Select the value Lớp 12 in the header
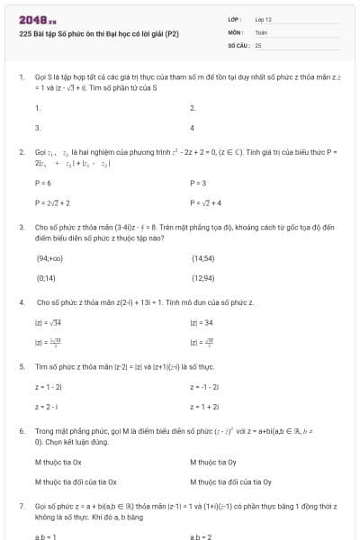click(263, 19)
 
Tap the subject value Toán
click(261, 31)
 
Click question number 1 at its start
click(21, 77)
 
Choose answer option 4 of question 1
click(193, 128)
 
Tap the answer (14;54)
click(202, 257)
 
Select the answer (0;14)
click(45, 278)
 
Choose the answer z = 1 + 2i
click(203, 407)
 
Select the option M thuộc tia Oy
click(213, 461)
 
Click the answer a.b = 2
click(200, 535)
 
